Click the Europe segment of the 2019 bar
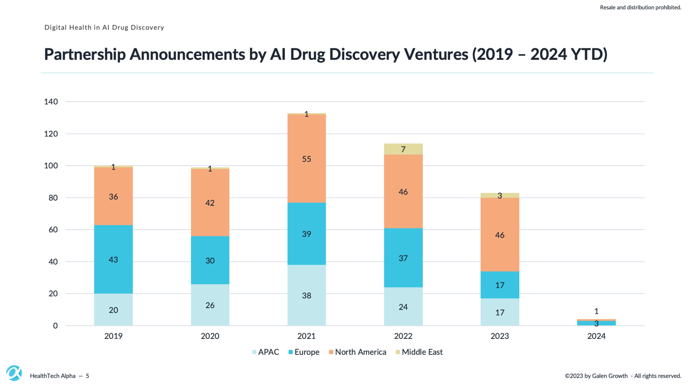click(x=113, y=259)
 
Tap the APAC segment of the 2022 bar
click(x=403, y=307)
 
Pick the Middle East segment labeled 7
click(x=403, y=149)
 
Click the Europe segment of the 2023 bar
click(x=500, y=285)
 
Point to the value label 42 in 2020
click(x=210, y=203)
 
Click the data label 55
click(x=306, y=159)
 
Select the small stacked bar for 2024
click(x=596, y=323)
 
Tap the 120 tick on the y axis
click(x=51, y=134)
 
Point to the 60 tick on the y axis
click(x=53, y=229)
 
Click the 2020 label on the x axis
click(x=210, y=336)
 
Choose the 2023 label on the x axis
click(x=500, y=336)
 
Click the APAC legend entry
click(x=266, y=352)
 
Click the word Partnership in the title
click(x=85, y=54)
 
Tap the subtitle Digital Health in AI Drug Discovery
click(x=104, y=27)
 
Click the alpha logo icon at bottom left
click(x=14, y=373)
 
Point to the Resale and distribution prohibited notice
click(x=640, y=7)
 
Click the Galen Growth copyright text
click(x=623, y=376)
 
